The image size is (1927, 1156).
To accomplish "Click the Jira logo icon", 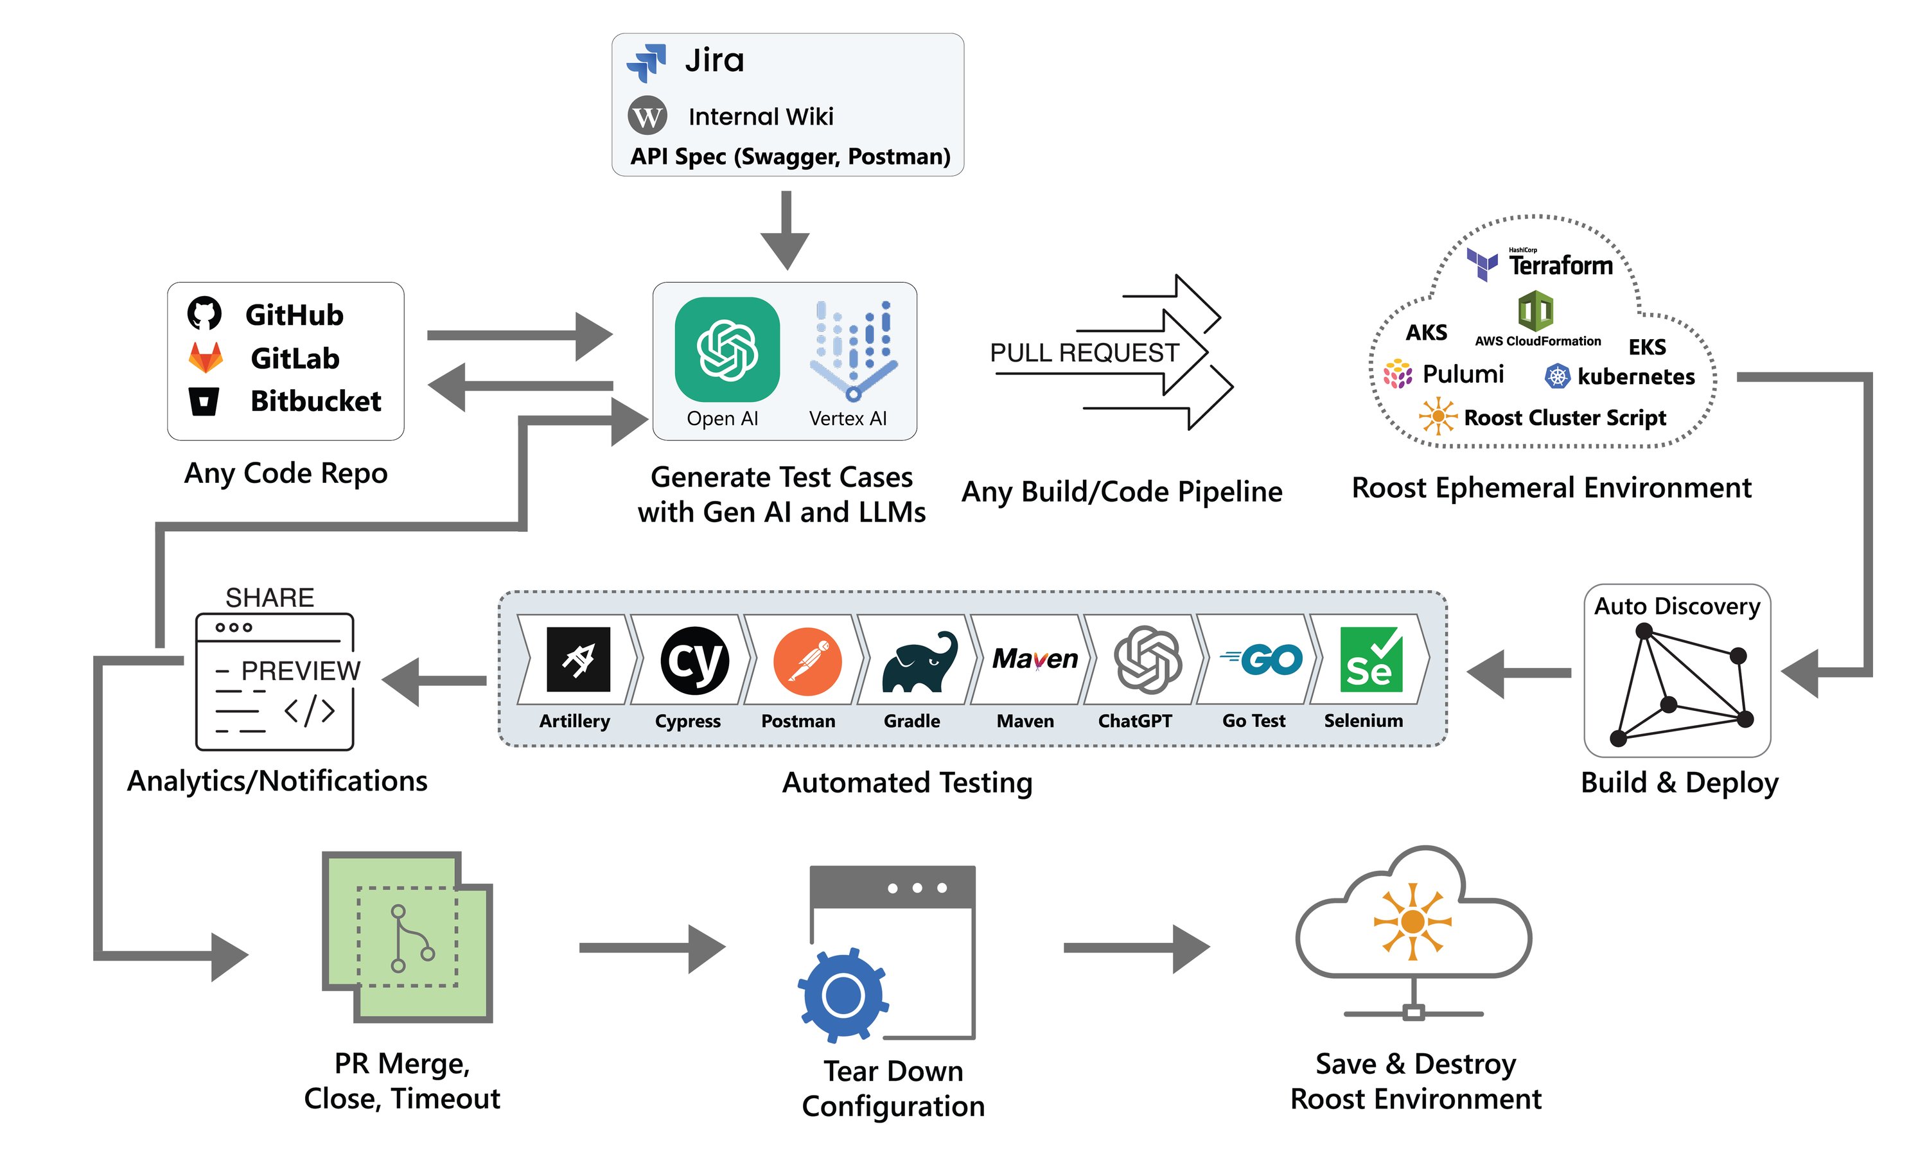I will tap(646, 62).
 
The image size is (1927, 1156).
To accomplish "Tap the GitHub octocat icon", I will tap(204, 313).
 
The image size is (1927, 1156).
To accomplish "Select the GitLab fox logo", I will tap(206, 358).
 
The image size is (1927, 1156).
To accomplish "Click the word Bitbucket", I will tap(315, 401).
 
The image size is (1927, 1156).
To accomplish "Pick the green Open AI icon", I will tap(726, 349).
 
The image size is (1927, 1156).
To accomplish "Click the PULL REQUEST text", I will tap(1084, 353).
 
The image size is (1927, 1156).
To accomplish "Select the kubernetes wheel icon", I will tap(1556, 376).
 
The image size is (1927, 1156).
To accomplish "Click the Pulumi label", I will tap(1462, 374).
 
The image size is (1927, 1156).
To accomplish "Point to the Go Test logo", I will tap(1261, 660).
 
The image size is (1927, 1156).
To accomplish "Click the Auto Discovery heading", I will tap(1676, 606).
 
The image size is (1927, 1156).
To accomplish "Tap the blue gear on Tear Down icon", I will tap(843, 995).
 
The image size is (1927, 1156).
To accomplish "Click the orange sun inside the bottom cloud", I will tap(1411, 922).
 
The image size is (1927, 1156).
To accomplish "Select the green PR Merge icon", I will tap(407, 937).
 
